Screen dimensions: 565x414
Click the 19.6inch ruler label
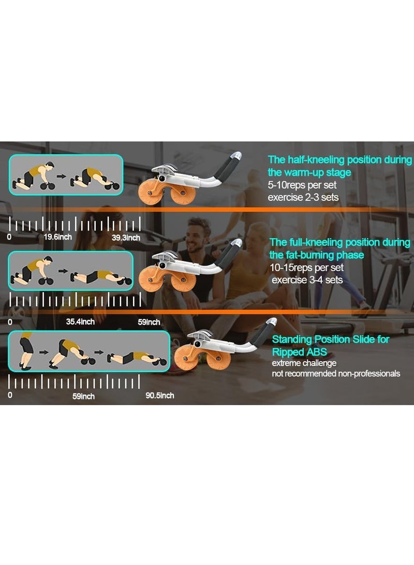point(57,237)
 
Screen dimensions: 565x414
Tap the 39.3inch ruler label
point(126,237)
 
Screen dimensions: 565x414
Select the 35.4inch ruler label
point(80,322)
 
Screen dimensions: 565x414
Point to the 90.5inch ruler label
point(160,396)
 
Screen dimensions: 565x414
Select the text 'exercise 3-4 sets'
point(307,281)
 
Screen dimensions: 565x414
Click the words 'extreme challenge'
point(304,363)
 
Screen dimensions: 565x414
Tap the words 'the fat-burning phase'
point(316,255)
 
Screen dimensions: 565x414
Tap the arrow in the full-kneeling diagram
point(63,270)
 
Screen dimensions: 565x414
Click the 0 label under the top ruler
point(9,237)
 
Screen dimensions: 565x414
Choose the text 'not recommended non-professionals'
point(336,373)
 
